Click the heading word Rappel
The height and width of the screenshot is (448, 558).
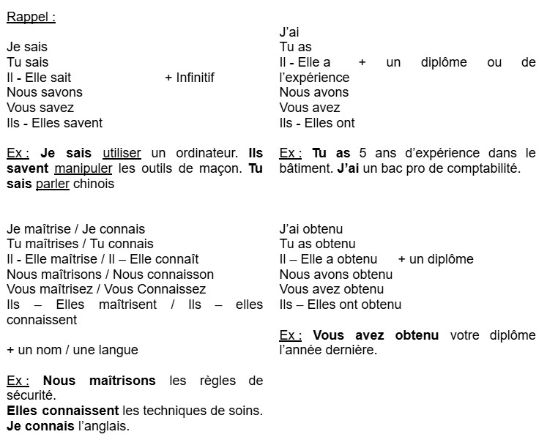[28, 17]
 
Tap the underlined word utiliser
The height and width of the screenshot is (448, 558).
[122, 153]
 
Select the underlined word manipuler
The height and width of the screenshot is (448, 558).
[79, 168]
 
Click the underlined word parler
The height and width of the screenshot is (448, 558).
[52, 184]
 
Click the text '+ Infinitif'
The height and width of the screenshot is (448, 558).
[190, 77]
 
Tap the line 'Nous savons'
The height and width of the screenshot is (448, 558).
[44, 92]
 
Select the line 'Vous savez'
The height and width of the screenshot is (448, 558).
[40, 108]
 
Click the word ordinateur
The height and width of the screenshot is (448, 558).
[207, 153]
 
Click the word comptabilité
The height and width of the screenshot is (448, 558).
[484, 168]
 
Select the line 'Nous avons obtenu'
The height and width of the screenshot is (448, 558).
[335, 275]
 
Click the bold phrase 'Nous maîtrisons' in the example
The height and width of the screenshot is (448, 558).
[99, 381]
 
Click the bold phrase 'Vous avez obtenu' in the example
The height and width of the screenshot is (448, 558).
[376, 335]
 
